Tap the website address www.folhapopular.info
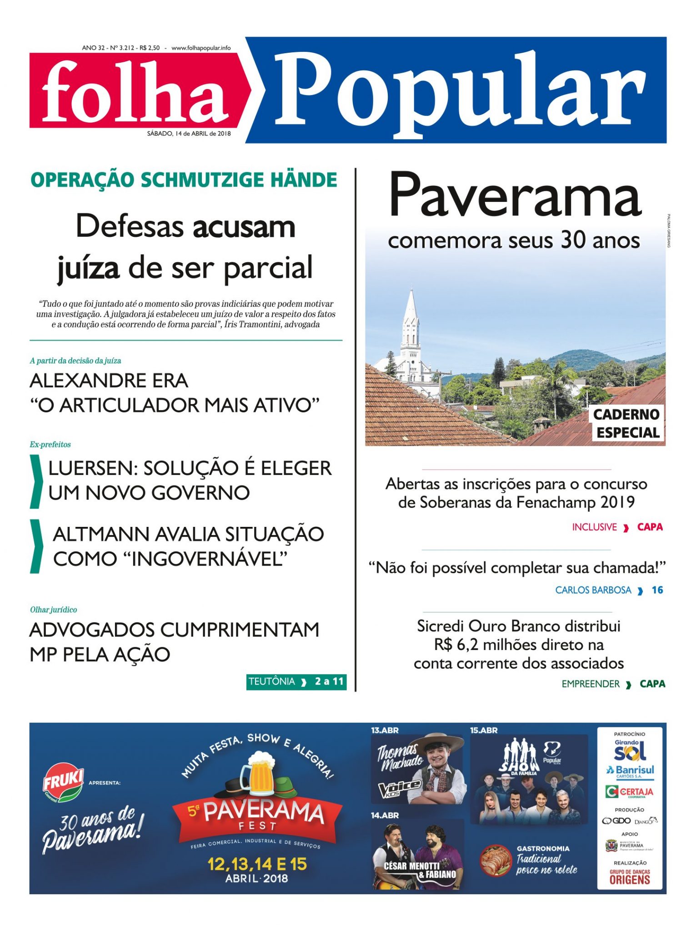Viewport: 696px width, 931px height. [201, 48]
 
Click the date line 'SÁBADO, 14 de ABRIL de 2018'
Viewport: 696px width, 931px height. [189, 134]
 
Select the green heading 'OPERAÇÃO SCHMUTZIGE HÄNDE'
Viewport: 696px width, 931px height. [184, 180]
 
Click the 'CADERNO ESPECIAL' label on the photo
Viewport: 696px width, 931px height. [627, 423]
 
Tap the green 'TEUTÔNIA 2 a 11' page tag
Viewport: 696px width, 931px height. [296, 681]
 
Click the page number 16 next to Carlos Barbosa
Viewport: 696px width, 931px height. [657, 590]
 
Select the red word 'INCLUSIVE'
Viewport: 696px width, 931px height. [594, 527]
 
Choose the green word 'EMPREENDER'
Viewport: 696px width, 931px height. [591, 684]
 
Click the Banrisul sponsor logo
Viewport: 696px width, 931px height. [630, 771]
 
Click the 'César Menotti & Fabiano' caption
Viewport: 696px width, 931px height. [419, 870]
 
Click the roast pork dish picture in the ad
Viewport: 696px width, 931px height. [496, 860]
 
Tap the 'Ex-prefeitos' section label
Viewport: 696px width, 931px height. [50, 445]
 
